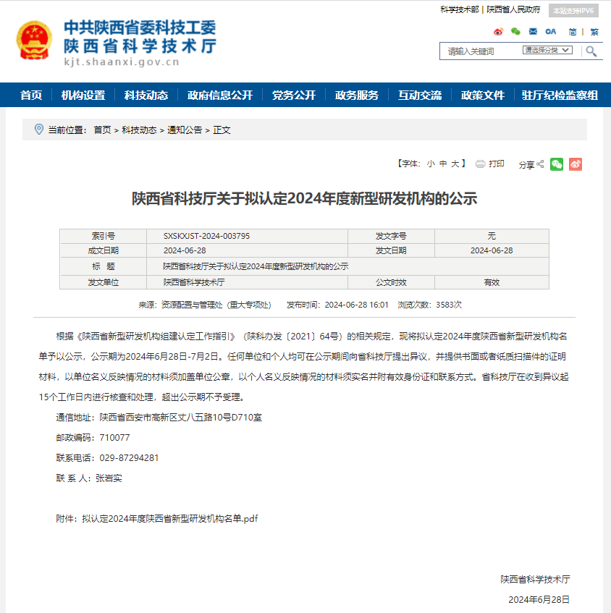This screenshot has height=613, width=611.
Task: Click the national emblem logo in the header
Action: click(x=34, y=41)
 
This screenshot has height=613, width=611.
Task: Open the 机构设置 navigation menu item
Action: click(x=83, y=96)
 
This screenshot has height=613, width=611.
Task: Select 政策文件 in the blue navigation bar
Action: click(x=483, y=96)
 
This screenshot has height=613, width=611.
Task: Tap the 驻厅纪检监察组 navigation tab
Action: click(x=560, y=96)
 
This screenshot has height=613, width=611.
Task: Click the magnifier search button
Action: click(x=591, y=51)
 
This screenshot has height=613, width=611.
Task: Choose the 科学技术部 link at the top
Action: click(x=460, y=10)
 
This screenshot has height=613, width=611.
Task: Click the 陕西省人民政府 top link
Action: click(x=514, y=10)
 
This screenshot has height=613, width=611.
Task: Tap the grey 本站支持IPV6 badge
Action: click(x=573, y=11)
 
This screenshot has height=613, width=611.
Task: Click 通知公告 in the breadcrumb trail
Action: click(x=185, y=130)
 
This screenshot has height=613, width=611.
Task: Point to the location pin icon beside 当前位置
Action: click(x=39, y=130)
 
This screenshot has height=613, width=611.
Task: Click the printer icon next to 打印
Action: click(x=480, y=164)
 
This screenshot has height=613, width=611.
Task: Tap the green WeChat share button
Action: click(x=557, y=164)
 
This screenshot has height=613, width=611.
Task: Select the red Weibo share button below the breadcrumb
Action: click(x=576, y=164)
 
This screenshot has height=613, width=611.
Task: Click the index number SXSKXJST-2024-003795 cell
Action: click(x=207, y=237)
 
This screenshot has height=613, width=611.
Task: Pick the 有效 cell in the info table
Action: click(x=492, y=282)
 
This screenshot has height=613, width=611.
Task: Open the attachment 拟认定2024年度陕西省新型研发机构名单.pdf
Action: click(x=170, y=519)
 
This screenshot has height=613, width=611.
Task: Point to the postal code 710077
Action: click(x=115, y=438)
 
